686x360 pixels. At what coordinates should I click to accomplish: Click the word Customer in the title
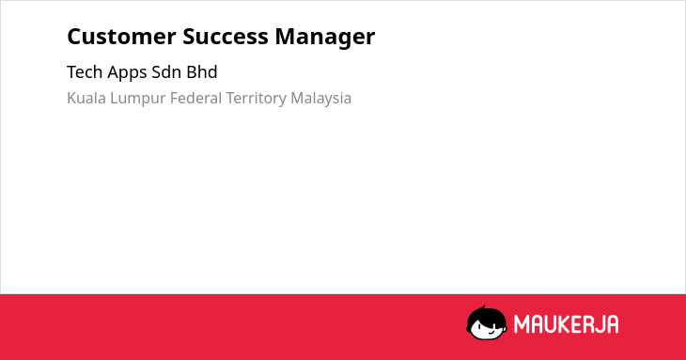click(121, 37)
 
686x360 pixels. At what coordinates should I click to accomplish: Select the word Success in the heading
click(226, 37)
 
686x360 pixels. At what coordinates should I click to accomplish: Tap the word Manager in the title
click(324, 38)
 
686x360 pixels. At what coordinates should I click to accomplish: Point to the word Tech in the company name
click(85, 72)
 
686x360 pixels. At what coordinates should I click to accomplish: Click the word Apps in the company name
click(127, 73)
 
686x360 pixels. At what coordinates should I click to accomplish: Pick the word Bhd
click(202, 72)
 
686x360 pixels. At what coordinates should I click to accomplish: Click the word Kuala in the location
click(86, 98)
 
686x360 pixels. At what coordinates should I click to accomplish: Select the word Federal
click(196, 98)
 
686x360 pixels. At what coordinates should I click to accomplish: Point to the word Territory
click(256, 100)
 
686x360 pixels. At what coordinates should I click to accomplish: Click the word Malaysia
click(320, 100)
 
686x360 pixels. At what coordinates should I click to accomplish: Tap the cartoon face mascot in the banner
click(487, 322)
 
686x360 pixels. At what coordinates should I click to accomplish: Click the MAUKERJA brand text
click(566, 324)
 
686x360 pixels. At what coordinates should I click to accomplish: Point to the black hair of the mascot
click(486, 315)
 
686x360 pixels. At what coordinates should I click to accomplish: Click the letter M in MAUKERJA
click(522, 324)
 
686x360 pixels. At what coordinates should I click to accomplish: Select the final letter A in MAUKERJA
click(612, 324)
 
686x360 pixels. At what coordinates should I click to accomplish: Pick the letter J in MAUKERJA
click(599, 324)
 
